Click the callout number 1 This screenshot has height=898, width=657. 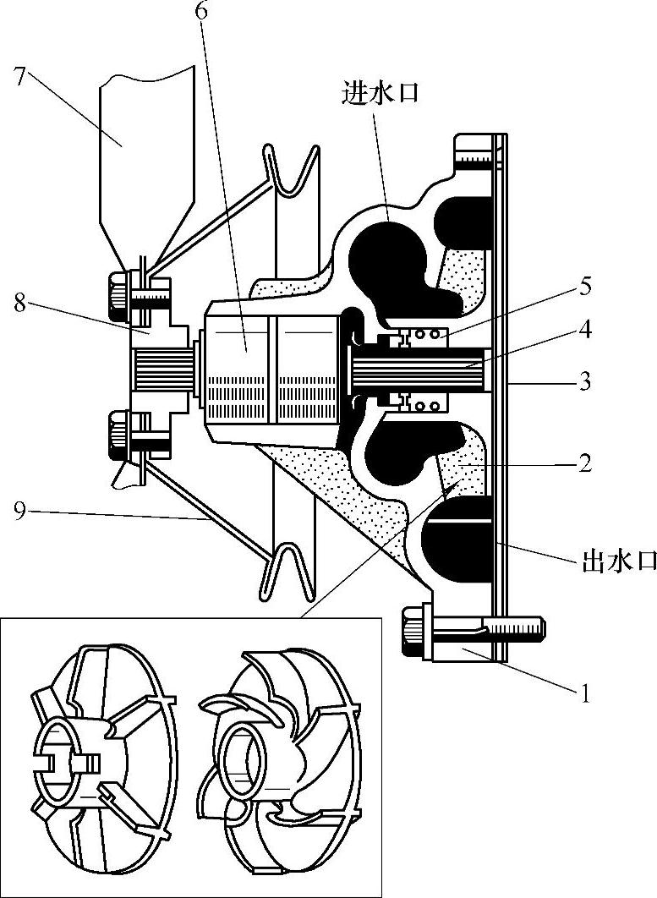pos(584,693)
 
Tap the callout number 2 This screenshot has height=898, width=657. pos(584,463)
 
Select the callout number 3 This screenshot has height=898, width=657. pos(584,381)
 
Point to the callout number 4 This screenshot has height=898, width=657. pos(585,331)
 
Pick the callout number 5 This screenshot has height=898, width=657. pos(583,287)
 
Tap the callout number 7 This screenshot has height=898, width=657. pos(21,75)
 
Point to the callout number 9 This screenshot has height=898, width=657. pos(20,512)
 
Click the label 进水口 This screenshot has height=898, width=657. pos(380,92)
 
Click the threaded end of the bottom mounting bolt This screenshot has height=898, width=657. pos(515,627)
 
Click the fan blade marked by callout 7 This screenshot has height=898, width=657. pos(147,166)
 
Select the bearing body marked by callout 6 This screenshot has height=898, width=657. pos(269,372)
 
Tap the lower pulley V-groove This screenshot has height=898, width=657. pos(287,572)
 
